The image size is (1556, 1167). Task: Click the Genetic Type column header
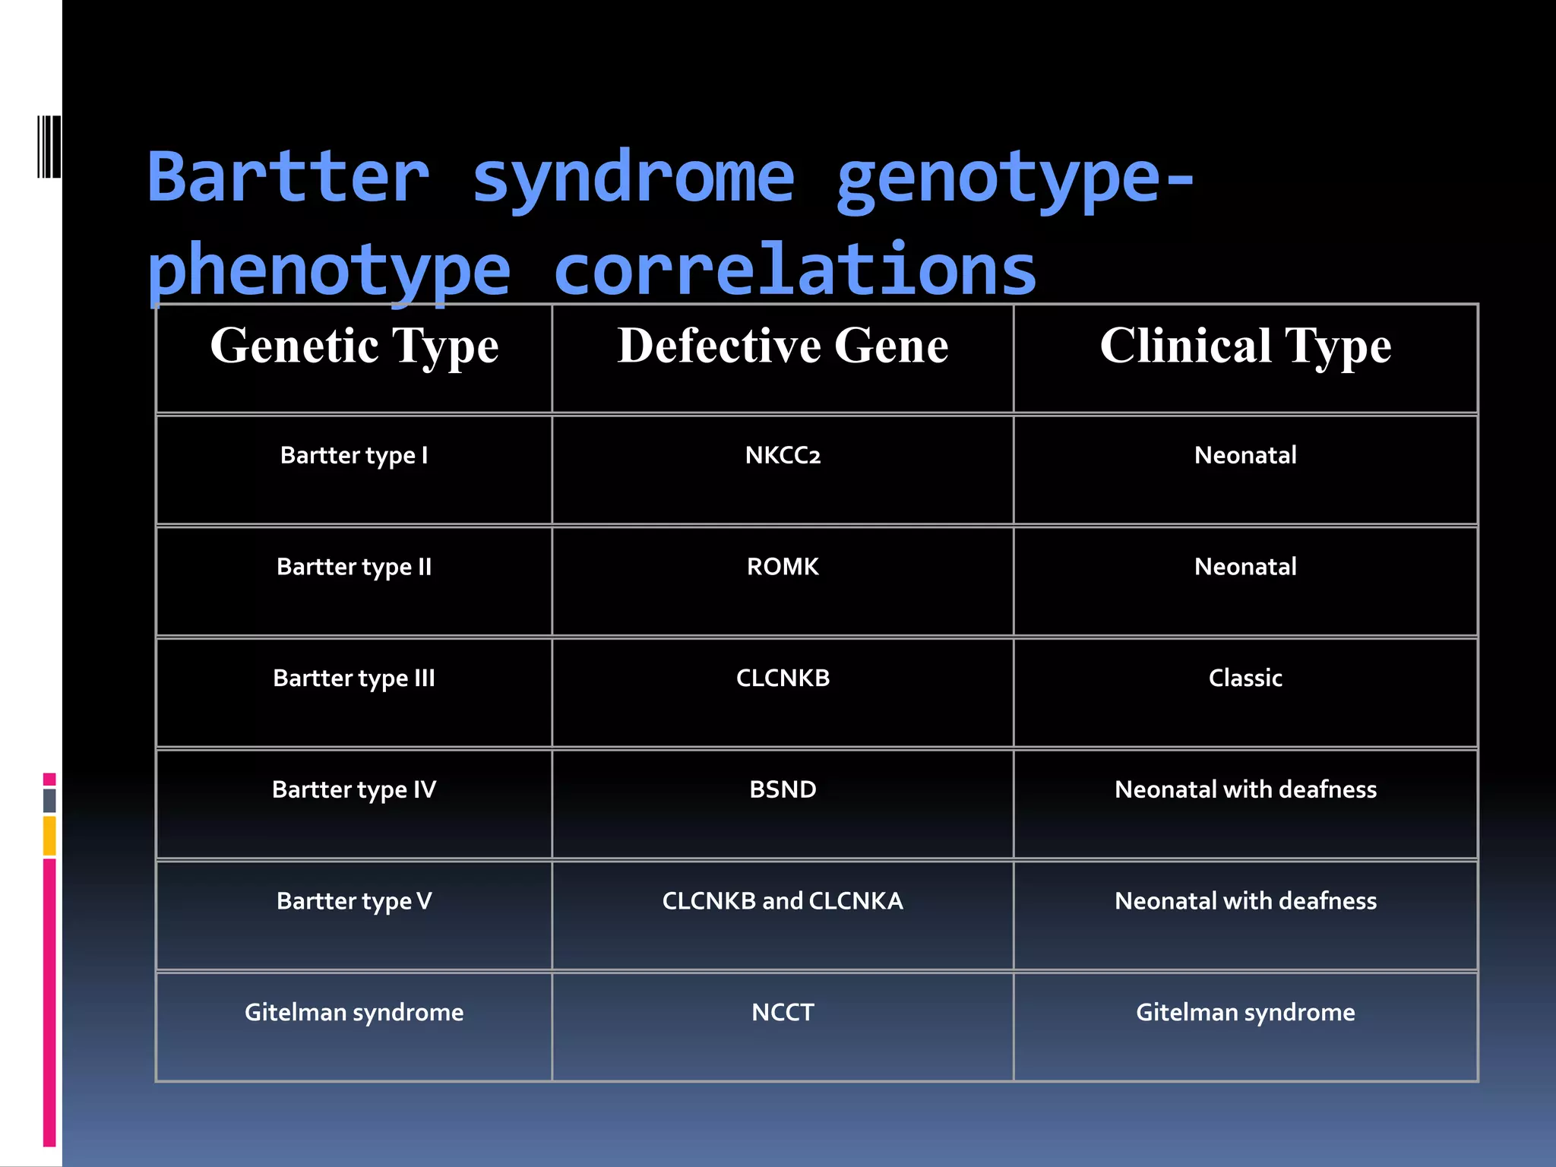354,346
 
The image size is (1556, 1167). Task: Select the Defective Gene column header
783,346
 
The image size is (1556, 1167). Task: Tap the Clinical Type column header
1245,346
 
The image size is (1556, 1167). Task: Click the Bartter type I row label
354,455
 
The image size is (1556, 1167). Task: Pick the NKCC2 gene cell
783,455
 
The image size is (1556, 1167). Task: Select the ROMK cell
783,567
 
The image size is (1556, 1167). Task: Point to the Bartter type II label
354,567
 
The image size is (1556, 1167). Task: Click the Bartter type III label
354,678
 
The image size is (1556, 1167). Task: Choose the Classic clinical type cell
1245,678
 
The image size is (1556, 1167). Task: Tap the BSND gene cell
783,789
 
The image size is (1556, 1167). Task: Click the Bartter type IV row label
354,789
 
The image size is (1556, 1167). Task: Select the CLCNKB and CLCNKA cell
783,901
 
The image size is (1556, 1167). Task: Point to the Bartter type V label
354,901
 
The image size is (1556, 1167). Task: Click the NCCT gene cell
783,1012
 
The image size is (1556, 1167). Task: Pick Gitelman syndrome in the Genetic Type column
354,1012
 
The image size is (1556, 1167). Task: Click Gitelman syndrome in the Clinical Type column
1245,1012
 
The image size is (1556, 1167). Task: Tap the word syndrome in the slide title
633,179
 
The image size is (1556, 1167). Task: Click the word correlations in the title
795,270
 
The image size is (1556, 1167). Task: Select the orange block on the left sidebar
49,836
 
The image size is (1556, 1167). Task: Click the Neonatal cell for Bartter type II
1245,567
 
